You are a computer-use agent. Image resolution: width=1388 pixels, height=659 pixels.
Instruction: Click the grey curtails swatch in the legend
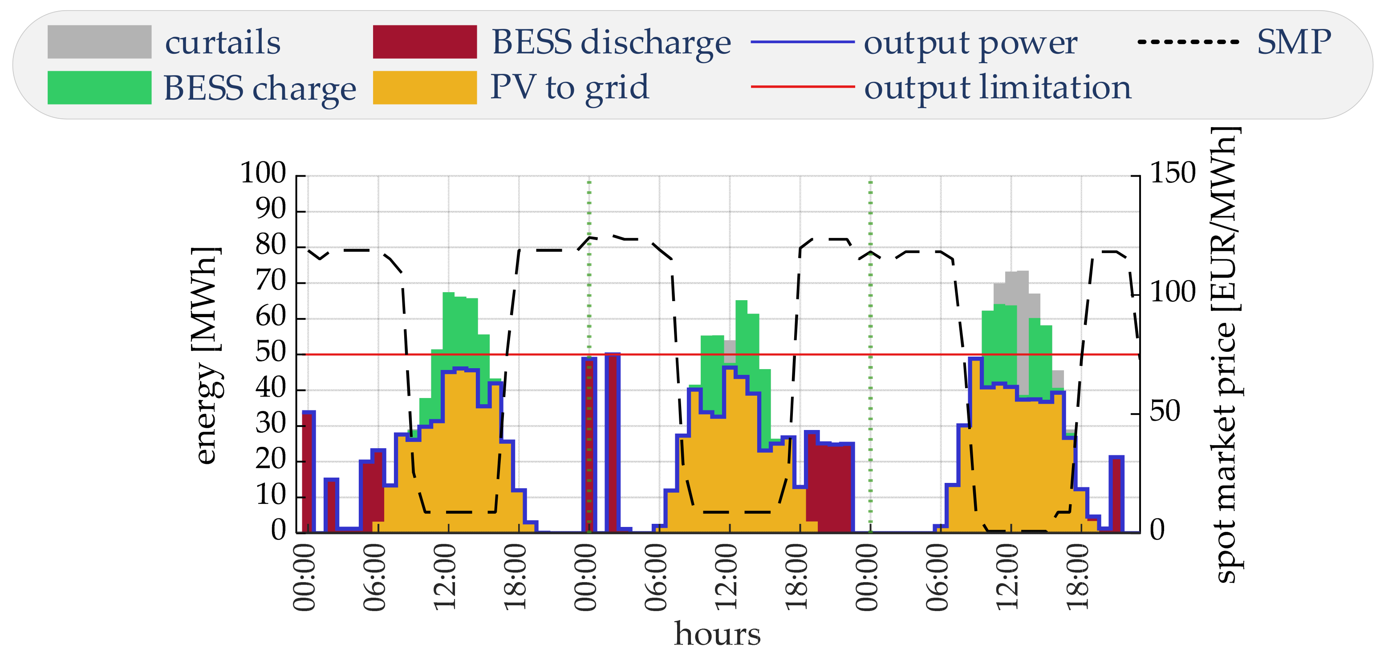tap(99, 41)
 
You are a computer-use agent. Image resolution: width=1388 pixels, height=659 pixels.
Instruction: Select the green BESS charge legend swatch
tap(99, 87)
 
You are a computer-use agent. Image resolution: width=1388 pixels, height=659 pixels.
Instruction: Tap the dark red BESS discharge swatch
tap(425, 41)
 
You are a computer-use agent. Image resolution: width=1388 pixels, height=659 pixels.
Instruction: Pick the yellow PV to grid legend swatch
tap(425, 87)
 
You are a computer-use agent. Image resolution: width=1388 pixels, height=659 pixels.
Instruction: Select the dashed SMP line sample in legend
tap(1188, 41)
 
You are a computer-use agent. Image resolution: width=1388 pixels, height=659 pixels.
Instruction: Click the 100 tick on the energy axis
tap(263, 173)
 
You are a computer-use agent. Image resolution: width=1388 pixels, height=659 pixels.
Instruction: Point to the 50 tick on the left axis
tap(271, 353)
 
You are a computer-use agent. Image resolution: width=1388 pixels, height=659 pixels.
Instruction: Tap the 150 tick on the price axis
tap(1173, 173)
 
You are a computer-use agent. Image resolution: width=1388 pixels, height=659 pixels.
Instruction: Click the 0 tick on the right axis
tap(1157, 530)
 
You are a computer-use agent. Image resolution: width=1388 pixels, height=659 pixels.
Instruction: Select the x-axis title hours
tap(717, 634)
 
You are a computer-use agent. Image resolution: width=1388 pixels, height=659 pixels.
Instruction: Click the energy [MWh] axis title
tap(205, 355)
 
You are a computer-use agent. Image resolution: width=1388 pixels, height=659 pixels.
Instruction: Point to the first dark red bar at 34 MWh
tap(308, 474)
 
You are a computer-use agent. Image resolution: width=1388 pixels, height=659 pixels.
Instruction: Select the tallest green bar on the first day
tap(449, 323)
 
